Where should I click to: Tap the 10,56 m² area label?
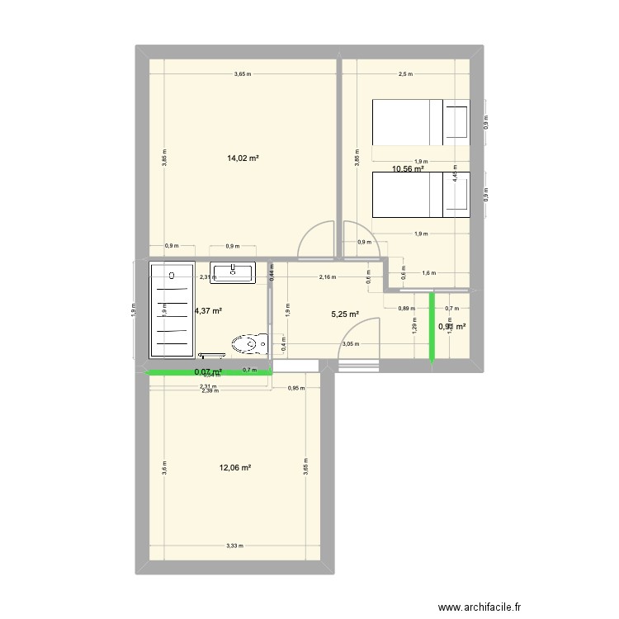point(408,168)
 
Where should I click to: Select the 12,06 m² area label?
point(235,468)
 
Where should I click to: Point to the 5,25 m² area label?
point(345,314)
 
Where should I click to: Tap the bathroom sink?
point(234,272)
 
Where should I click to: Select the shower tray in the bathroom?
point(172,309)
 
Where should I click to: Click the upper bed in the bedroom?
point(420,122)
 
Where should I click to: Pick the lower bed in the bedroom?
point(420,195)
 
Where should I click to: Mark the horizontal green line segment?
point(210,375)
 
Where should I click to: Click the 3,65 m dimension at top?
point(243,74)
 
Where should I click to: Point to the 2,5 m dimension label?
point(404,74)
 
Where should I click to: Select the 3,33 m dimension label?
point(235,546)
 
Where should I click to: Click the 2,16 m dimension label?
point(328,277)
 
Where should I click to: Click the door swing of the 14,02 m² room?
point(317,239)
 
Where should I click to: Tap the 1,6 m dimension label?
point(428,272)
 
